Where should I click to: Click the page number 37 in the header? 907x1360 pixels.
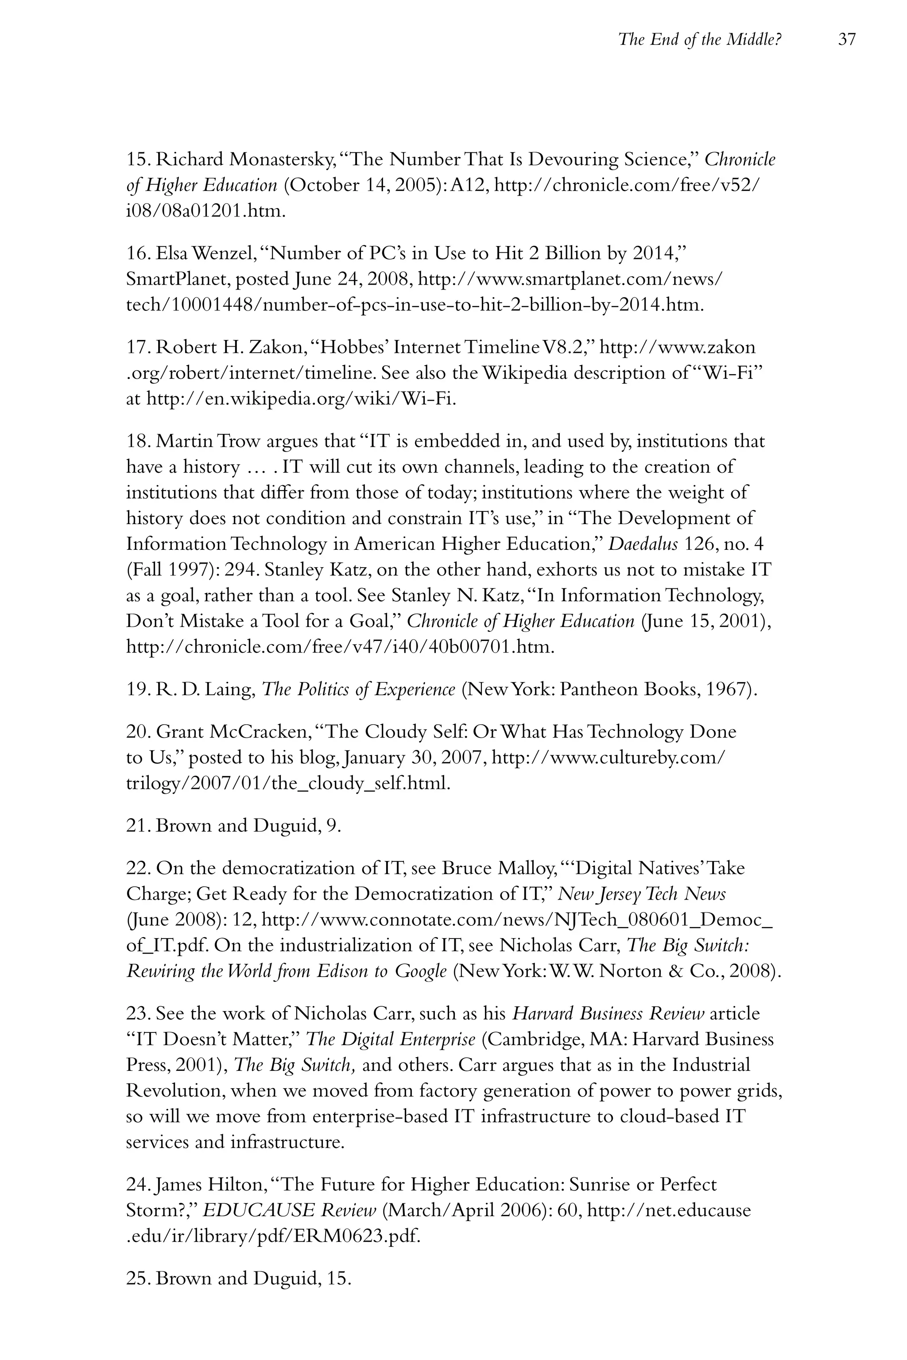coord(846,40)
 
